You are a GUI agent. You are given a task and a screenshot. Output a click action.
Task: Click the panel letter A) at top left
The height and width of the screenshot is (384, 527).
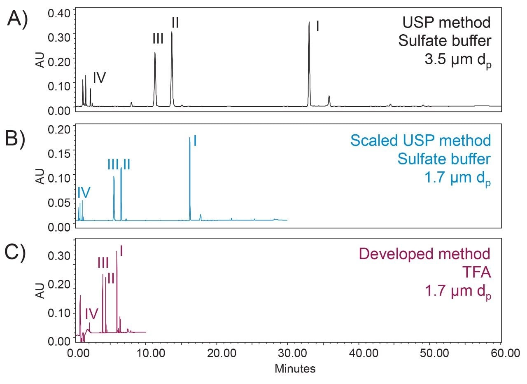(x=17, y=20)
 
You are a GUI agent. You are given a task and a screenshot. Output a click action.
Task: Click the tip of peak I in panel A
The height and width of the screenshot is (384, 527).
(x=309, y=23)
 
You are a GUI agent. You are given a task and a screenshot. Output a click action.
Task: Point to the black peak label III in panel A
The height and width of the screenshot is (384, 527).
(x=158, y=39)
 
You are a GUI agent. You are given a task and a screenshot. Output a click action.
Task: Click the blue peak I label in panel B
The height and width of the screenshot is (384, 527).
(x=194, y=141)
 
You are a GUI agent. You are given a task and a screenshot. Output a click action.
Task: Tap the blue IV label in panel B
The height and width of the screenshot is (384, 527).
(x=84, y=192)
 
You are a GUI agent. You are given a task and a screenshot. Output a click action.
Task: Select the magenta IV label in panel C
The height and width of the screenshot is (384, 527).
(x=91, y=314)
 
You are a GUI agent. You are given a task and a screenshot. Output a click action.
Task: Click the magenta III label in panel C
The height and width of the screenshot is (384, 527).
(x=103, y=262)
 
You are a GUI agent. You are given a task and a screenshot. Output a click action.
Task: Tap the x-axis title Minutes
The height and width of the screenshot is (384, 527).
(x=295, y=368)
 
